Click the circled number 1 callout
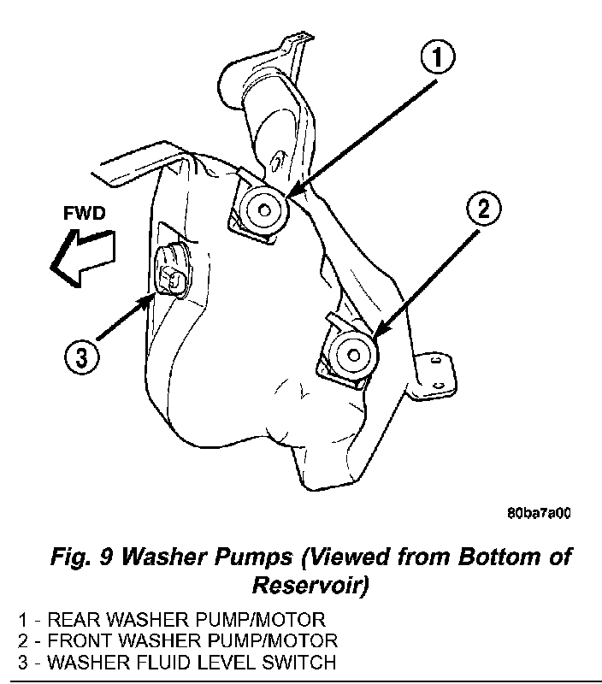[x=438, y=58]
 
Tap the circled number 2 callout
[x=484, y=209]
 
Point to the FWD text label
[x=85, y=213]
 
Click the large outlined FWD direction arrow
[x=82, y=258]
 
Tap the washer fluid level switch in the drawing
[x=174, y=271]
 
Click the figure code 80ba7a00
[x=539, y=514]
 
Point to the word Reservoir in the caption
[x=310, y=585]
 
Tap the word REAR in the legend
[x=74, y=619]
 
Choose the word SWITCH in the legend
[x=298, y=662]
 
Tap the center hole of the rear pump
[x=263, y=210]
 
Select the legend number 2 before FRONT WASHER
[x=23, y=640]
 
